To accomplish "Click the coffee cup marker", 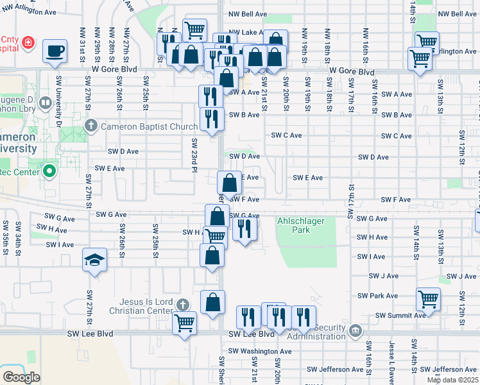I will (x=55, y=51).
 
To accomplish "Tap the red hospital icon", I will (x=28, y=44).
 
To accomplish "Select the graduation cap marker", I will (x=95, y=260).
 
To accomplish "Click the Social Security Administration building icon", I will (x=356, y=331).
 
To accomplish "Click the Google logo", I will (x=21, y=377).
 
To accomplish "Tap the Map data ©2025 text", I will (x=452, y=380).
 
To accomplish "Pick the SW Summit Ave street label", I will (x=400, y=315).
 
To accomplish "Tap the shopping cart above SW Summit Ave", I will (x=428, y=299).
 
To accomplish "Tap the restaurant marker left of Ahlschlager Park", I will (x=244, y=228).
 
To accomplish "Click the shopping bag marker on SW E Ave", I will (x=230, y=183).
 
